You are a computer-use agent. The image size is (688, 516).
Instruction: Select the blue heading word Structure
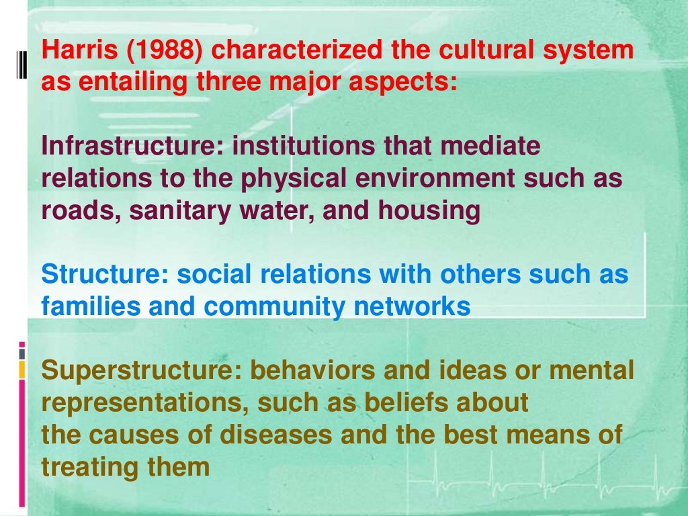coord(103,275)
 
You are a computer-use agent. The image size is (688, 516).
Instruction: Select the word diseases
coord(282,435)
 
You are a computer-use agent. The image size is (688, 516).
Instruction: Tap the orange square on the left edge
coord(21,369)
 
